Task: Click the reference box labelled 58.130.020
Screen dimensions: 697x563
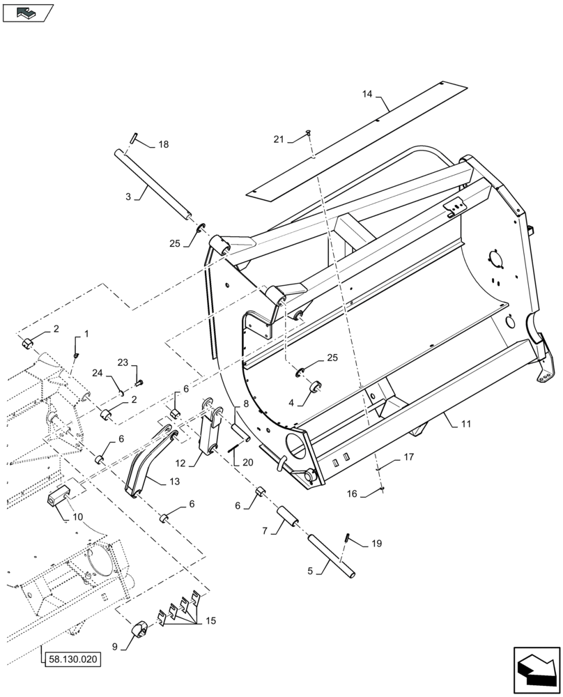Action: click(72, 657)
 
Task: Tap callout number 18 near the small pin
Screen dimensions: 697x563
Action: click(163, 145)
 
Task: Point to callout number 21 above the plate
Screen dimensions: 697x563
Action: click(278, 140)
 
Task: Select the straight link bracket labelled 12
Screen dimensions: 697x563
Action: click(210, 432)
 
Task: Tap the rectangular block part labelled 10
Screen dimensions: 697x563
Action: click(61, 497)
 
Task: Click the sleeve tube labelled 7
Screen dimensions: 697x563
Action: click(287, 521)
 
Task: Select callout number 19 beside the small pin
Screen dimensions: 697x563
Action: click(376, 543)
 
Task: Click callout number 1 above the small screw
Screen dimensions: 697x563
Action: click(87, 335)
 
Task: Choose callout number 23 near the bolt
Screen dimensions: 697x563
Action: click(123, 362)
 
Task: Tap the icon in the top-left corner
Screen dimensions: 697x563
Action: click(28, 12)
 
